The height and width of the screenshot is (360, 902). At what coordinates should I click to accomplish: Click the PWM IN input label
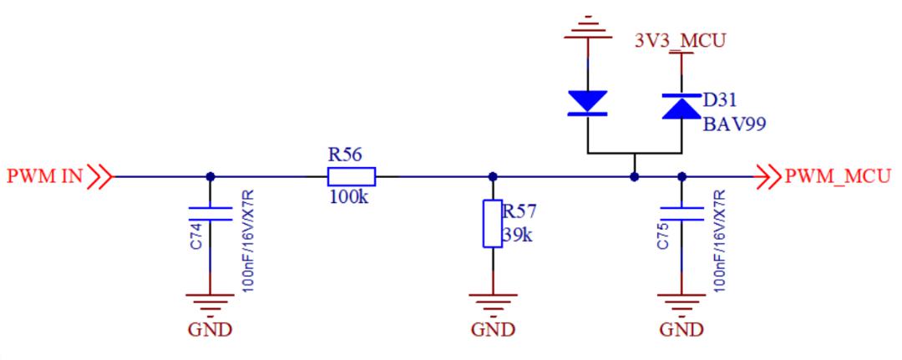pyautogui.click(x=46, y=176)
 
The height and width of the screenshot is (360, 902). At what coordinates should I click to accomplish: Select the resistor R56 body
pyautogui.click(x=351, y=176)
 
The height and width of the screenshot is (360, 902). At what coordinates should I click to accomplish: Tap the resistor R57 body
pyautogui.click(x=492, y=223)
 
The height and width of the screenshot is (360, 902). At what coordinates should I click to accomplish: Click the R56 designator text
pyautogui.click(x=347, y=155)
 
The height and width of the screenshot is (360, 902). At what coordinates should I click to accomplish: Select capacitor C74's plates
pyautogui.click(x=209, y=212)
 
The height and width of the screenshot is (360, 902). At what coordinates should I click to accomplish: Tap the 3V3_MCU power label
pyautogui.click(x=682, y=39)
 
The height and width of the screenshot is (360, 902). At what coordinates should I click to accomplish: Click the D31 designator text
pyautogui.click(x=720, y=100)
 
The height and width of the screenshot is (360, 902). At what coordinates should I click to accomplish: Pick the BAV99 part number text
pyautogui.click(x=734, y=124)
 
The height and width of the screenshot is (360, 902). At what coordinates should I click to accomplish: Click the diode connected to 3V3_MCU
pyautogui.click(x=680, y=106)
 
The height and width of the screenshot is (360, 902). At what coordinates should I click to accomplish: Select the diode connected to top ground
pyautogui.click(x=588, y=102)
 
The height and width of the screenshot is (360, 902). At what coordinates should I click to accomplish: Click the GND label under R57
pyautogui.click(x=492, y=329)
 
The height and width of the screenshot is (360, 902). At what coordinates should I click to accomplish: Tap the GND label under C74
pyautogui.click(x=209, y=329)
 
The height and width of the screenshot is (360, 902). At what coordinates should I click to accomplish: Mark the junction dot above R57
pyautogui.click(x=492, y=176)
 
